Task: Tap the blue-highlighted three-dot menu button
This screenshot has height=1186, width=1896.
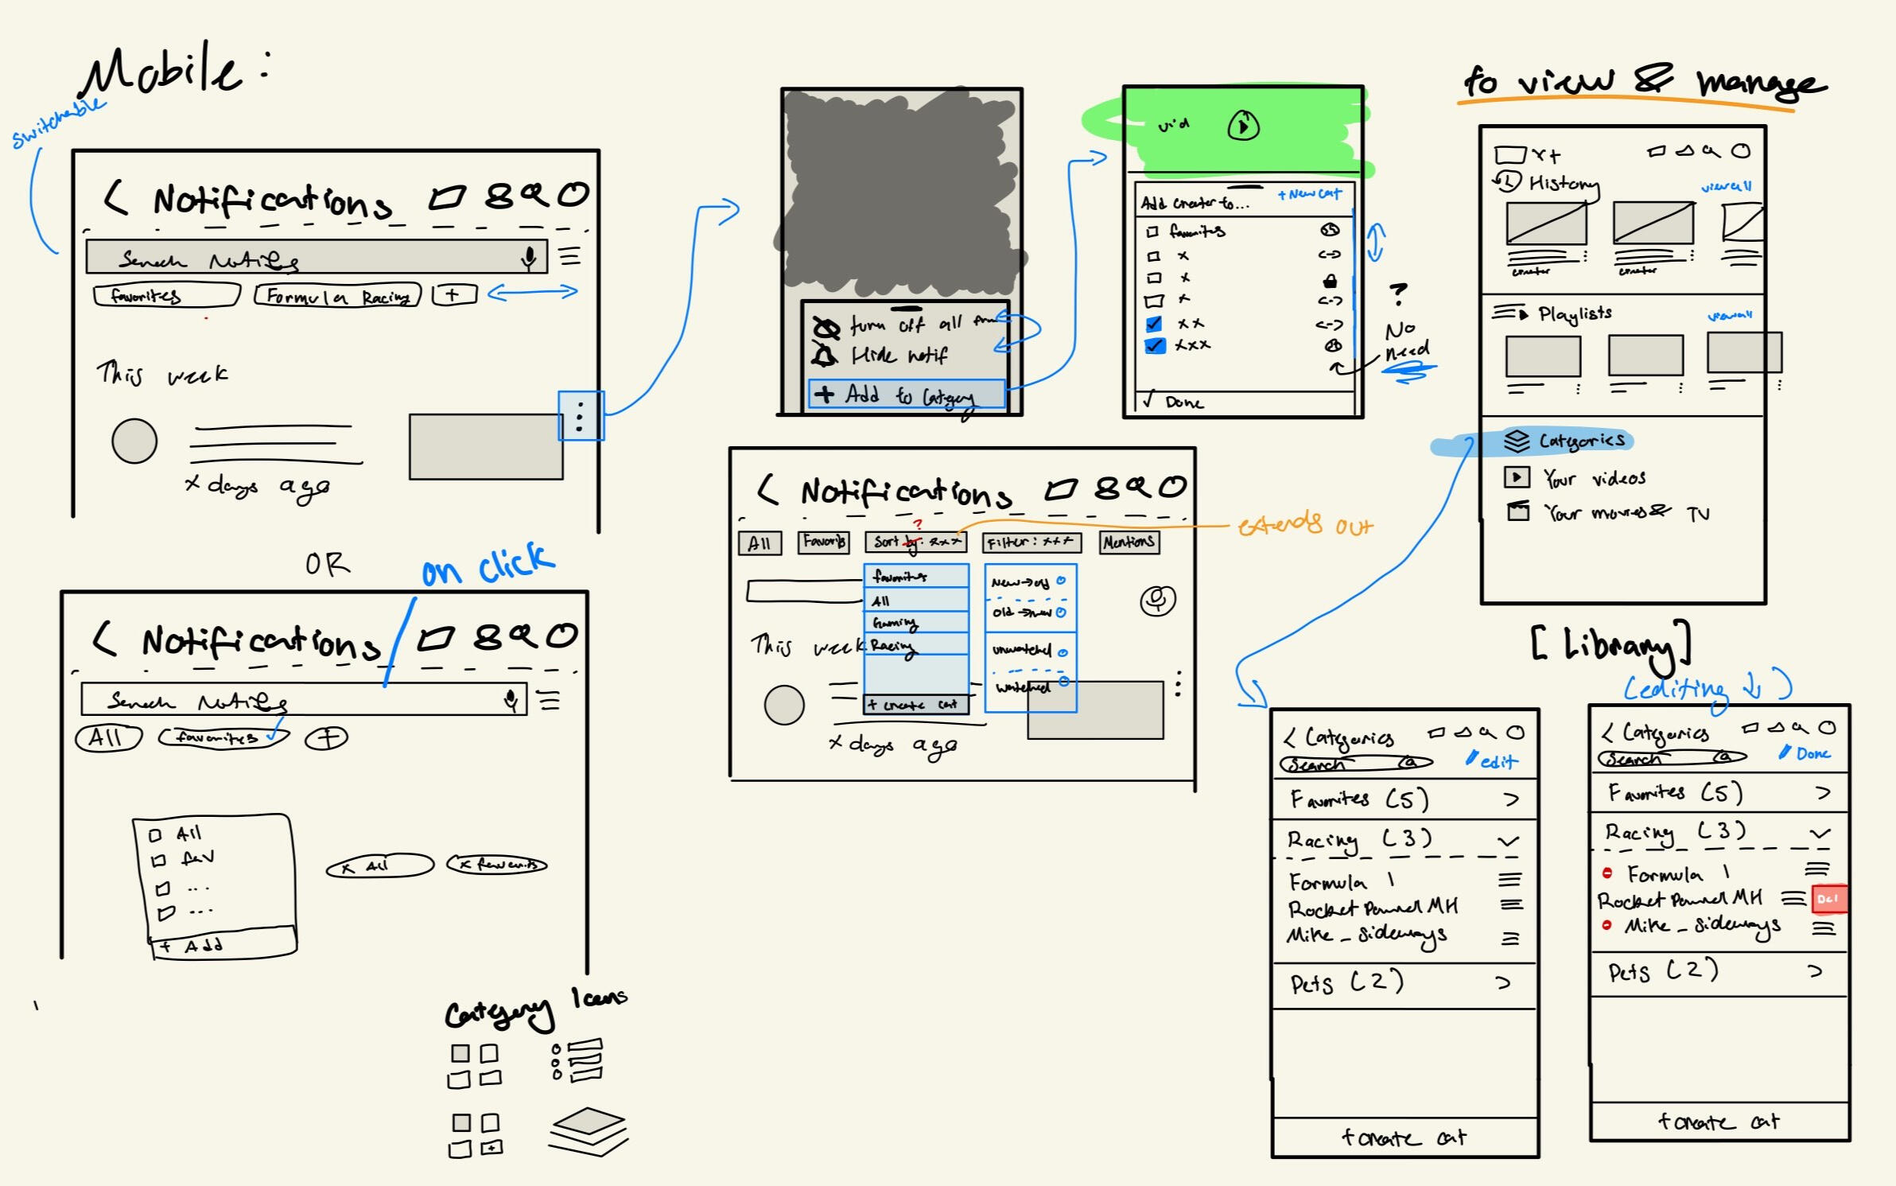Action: (581, 416)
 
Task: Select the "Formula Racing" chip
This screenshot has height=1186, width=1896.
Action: (337, 297)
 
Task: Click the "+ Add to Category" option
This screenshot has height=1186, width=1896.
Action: (907, 395)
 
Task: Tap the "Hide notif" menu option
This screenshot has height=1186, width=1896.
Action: (899, 355)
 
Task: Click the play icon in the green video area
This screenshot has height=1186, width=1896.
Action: (1243, 126)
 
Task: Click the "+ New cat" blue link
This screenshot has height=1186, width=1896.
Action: (1309, 194)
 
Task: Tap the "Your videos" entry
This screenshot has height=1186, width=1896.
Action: (1593, 478)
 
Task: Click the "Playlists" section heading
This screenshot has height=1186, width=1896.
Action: (1574, 314)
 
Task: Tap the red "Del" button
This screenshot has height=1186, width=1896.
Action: (1828, 899)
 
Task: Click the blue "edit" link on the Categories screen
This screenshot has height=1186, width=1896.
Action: (1493, 761)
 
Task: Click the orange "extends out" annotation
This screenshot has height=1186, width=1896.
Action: (1304, 525)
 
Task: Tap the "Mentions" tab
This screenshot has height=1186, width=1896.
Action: (1129, 542)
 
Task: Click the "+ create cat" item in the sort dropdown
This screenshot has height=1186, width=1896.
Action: (915, 705)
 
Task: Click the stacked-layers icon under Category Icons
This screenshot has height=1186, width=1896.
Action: (588, 1130)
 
